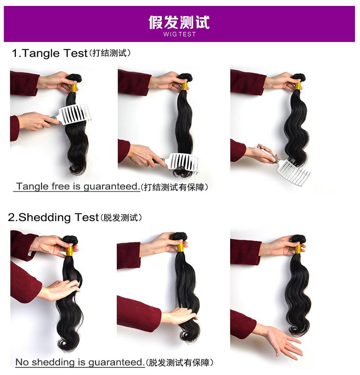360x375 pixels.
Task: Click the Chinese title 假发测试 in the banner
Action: [179, 22]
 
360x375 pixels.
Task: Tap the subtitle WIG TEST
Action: [179, 34]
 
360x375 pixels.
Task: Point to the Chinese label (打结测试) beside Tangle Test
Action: [110, 54]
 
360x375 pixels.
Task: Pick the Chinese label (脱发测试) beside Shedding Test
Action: [121, 218]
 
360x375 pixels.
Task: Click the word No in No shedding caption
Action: [22, 362]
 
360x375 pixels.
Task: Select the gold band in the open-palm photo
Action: [298, 249]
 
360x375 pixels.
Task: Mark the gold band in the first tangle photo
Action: [73, 88]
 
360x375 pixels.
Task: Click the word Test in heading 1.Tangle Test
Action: [75, 53]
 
